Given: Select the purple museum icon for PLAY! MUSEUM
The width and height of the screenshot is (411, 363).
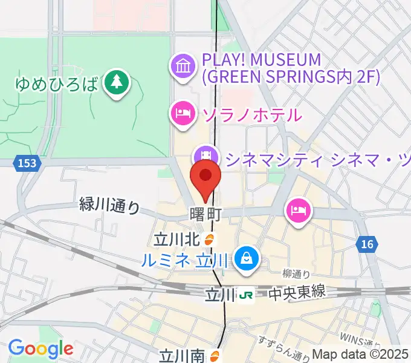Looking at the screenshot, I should click(182, 65).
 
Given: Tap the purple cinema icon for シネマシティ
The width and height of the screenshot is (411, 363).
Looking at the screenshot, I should click(206, 155).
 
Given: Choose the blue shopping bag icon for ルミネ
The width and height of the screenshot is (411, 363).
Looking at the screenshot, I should click(247, 258).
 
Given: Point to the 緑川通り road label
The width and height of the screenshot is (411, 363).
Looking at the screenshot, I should click(109, 205).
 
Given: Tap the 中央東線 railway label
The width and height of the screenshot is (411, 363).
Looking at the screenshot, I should click(297, 293).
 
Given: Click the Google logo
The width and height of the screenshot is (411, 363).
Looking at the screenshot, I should click(40, 348).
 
